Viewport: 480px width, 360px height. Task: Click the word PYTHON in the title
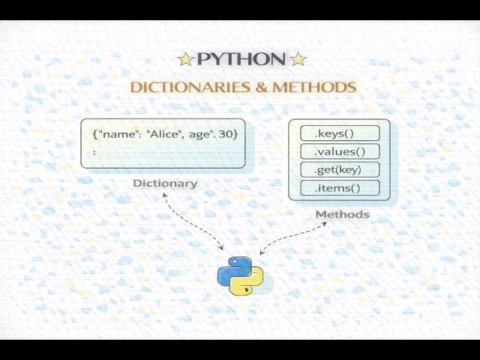pos(241,59)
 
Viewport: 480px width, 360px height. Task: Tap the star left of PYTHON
pos(185,59)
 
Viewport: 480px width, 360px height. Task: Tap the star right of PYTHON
pos(298,59)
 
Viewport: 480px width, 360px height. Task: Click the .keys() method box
pos(340,133)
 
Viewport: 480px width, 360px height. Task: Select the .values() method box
pos(340,151)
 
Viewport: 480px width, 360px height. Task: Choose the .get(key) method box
pos(340,169)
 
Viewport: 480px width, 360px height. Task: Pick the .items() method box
pos(340,188)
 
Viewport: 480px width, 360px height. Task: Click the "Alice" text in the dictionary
pos(166,133)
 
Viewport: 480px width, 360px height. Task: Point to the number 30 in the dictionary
pos(228,133)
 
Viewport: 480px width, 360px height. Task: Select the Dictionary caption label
pos(165,183)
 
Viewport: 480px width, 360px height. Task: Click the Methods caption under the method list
pos(342,214)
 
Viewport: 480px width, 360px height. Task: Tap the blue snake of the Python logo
pos(233,268)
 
